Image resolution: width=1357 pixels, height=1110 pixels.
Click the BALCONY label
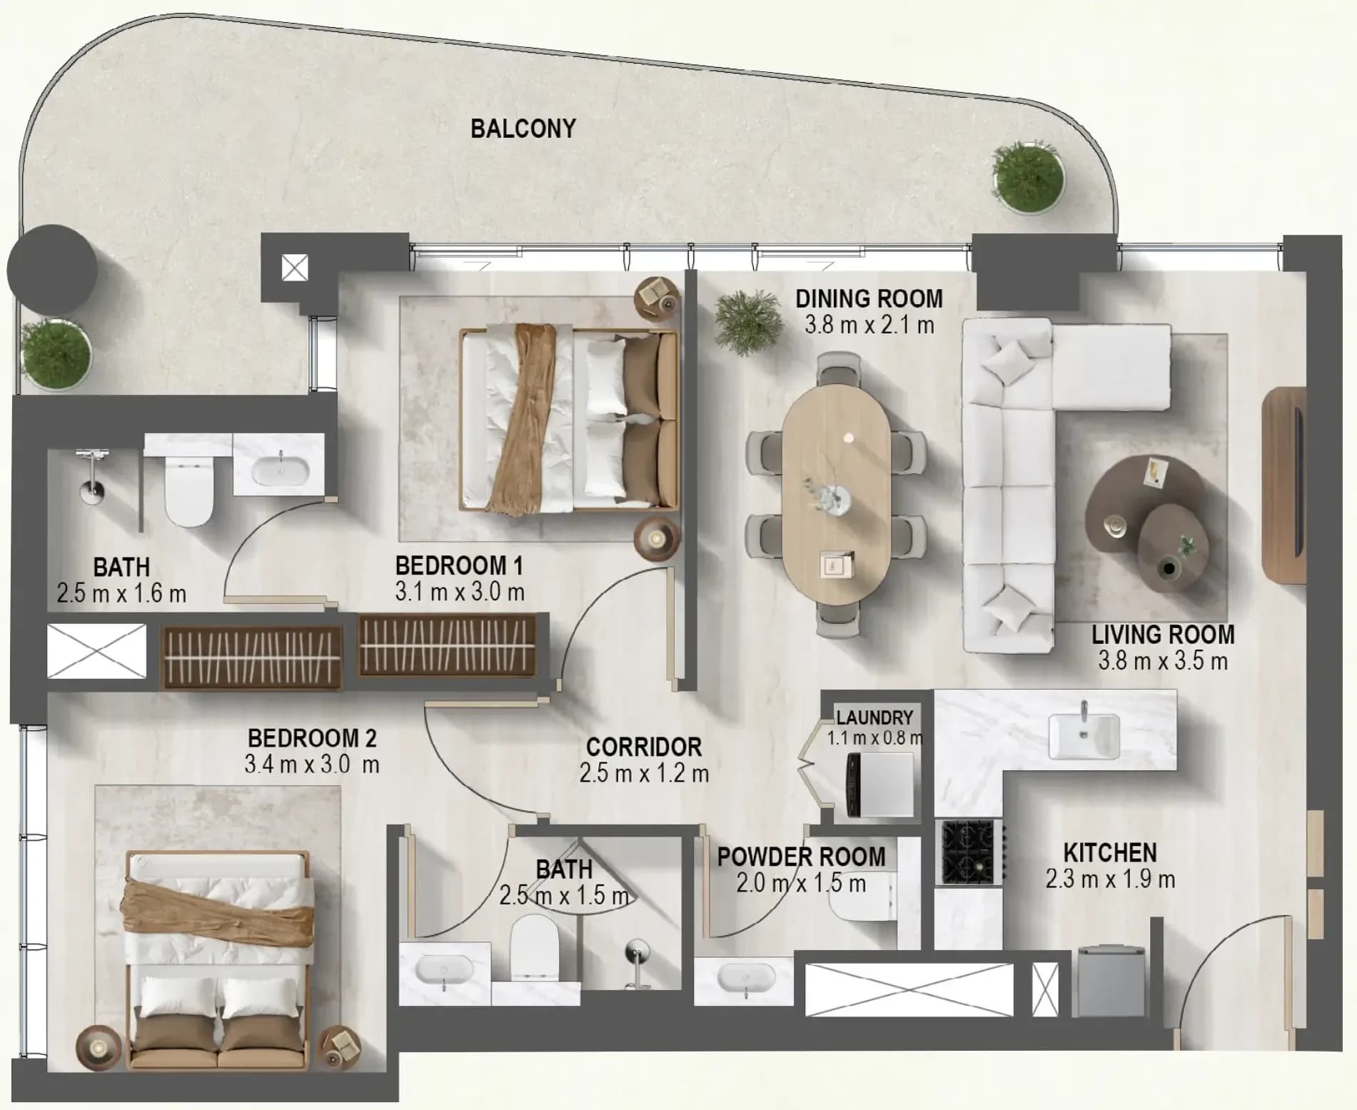(x=523, y=128)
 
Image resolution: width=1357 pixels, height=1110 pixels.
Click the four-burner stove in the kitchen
(x=969, y=852)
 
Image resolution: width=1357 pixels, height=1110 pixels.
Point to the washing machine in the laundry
(x=879, y=785)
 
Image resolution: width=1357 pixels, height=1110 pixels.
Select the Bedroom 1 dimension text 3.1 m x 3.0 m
(x=460, y=592)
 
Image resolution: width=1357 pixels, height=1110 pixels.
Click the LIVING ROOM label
(x=1163, y=635)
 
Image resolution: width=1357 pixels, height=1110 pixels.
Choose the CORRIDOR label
(x=644, y=747)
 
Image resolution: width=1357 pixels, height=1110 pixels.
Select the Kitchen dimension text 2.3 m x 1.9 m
(x=1110, y=879)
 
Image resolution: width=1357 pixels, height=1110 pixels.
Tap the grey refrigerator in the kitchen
(x=1111, y=981)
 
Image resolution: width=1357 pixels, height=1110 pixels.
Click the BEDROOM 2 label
(x=312, y=737)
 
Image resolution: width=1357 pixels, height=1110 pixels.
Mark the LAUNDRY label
(x=874, y=717)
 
